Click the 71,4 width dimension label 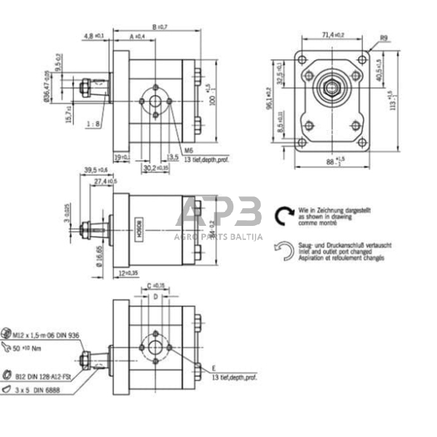(331, 35)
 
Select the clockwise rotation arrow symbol (281, 216)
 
